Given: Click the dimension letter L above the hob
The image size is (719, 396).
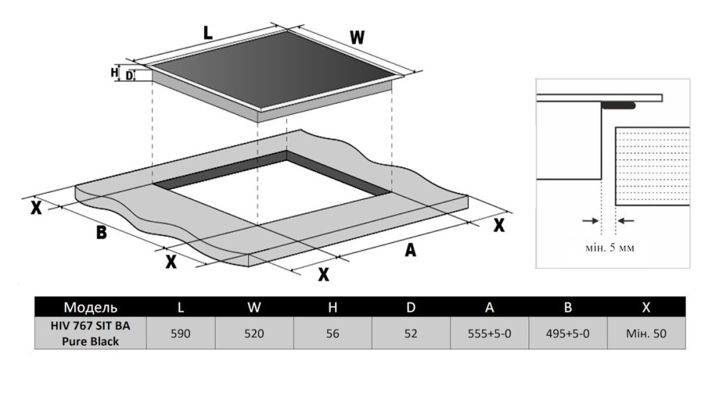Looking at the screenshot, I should [x=208, y=32].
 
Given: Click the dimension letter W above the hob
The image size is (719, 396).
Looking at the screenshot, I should [x=357, y=37].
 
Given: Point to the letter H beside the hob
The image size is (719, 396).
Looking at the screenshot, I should [x=114, y=73].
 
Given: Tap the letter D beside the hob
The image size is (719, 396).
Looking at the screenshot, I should [x=129, y=75].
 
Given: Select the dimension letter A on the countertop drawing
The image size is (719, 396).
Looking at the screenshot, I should [x=411, y=250].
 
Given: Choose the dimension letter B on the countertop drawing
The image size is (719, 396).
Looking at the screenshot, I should [x=101, y=233].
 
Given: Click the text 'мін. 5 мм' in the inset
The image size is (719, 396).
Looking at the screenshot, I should [x=609, y=248].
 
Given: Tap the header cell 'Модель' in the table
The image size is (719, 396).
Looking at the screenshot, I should [x=91, y=308].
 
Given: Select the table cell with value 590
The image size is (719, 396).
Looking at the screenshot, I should [x=181, y=334].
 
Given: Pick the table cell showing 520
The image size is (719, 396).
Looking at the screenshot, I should [x=254, y=334].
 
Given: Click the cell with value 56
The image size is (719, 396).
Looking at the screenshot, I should [x=333, y=334].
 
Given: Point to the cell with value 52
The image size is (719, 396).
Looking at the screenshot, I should [x=411, y=334].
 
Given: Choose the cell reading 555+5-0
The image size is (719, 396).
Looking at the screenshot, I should [x=489, y=334].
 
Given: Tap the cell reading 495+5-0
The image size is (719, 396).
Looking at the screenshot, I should [x=567, y=334].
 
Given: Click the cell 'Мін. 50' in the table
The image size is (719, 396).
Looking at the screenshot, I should [x=646, y=334].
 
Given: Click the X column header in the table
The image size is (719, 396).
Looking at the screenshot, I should [x=646, y=308].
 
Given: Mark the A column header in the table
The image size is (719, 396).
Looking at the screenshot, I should [x=489, y=308].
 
